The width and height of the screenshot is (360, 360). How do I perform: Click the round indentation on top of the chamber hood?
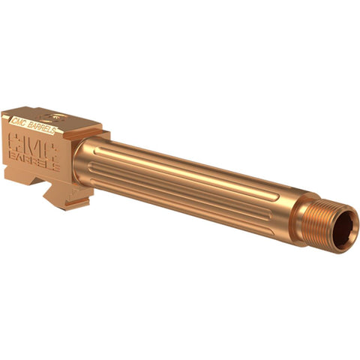click(52, 116)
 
